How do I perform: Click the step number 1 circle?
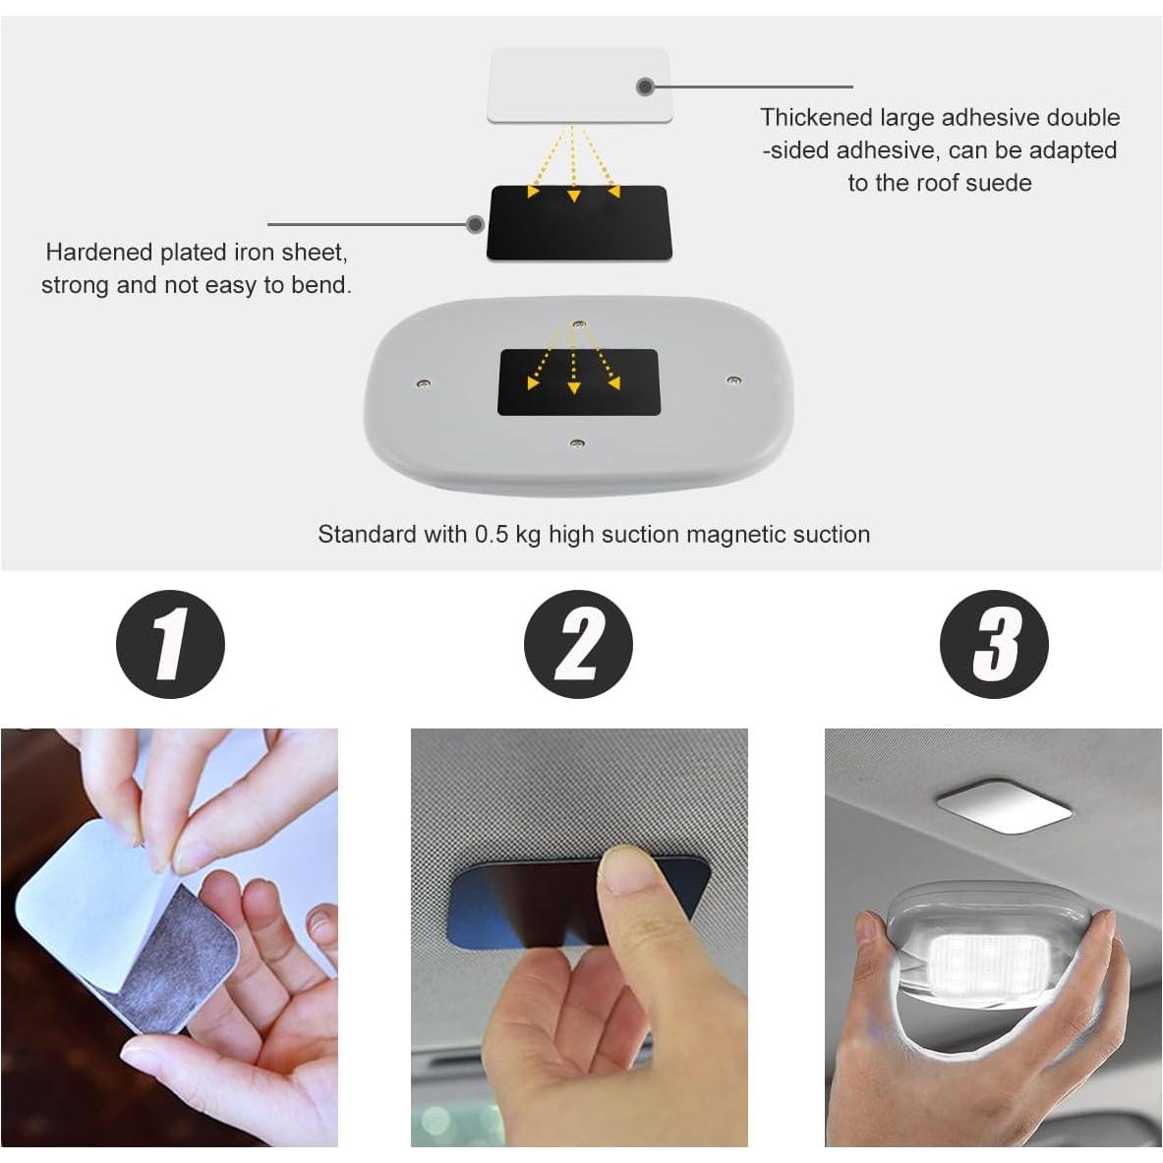pyautogui.click(x=170, y=645)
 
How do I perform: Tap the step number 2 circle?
pyautogui.click(x=578, y=645)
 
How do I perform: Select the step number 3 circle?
pyautogui.click(x=994, y=645)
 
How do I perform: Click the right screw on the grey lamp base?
pyautogui.click(x=732, y=379)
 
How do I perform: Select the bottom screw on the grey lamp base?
pyautogui.click(x=578, y=444)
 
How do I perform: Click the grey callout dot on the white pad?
pyautogui.click(x=645, y=87)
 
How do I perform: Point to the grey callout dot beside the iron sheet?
pyautogui.click(x=475, y=224)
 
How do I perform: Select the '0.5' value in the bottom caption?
pyautogui.click(x=492, y=535)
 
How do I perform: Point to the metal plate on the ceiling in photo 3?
pyautogui.click(x=1003, y=808)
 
